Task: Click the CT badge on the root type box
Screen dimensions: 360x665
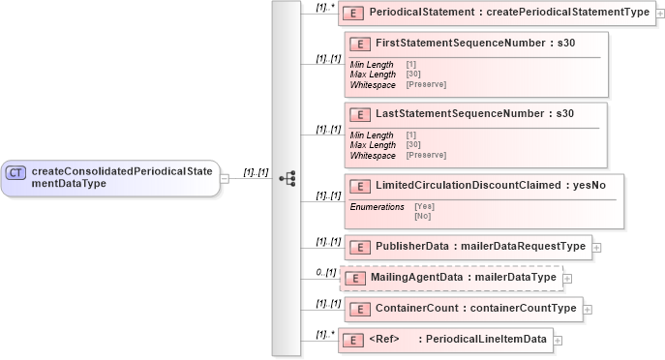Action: [15, 172]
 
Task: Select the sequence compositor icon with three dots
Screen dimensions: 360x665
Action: [287, 179]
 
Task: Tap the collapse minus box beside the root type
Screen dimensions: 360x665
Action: [225, 179]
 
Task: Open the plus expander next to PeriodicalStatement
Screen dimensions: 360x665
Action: [659, 14]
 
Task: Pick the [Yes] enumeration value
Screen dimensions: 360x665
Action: [424, 206]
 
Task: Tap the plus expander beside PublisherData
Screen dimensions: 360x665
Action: [596, 247]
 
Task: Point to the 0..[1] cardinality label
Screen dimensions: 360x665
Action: [326, 272]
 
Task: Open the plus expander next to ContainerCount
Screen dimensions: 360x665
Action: [588, 310]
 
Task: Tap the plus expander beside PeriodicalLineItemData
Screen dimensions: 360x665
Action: [558, 340]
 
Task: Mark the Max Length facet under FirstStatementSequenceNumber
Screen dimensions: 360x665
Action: [373, 75]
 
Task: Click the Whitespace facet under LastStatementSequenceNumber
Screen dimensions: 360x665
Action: [373, 155]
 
